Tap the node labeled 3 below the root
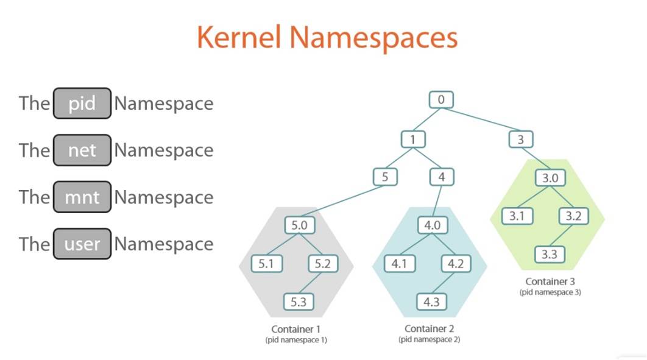point(520,139)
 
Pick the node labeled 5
point(385,177)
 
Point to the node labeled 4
point(441,177)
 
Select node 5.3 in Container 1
point(299,301)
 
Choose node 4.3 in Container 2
point(432,301)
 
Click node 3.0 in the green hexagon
point(550,178)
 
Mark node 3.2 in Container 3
point(573,216)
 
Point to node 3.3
point(550,253)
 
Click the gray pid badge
point(82,103)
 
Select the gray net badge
point(82,150)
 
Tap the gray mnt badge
point(82,197)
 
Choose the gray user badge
point(82,244)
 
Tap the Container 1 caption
point(296,330)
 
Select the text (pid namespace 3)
point(550,292)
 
